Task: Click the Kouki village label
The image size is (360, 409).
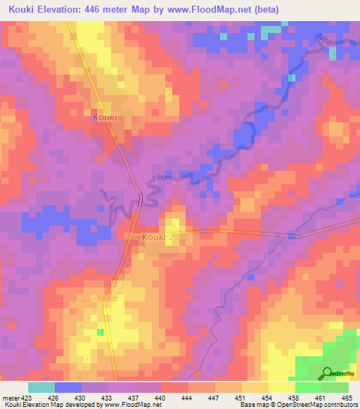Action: [x=104, y=117]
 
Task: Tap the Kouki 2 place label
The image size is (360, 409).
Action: [x=157, y=238]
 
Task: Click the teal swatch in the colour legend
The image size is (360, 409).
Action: [x=41, y=387]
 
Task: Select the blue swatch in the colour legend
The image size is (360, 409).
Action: [x=68, y=387]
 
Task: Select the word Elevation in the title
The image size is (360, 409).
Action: [x=65, y=10]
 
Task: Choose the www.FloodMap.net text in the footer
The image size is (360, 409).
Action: [x=129, y=405]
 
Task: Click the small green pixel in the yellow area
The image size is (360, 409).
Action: [x=100, y=332]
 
